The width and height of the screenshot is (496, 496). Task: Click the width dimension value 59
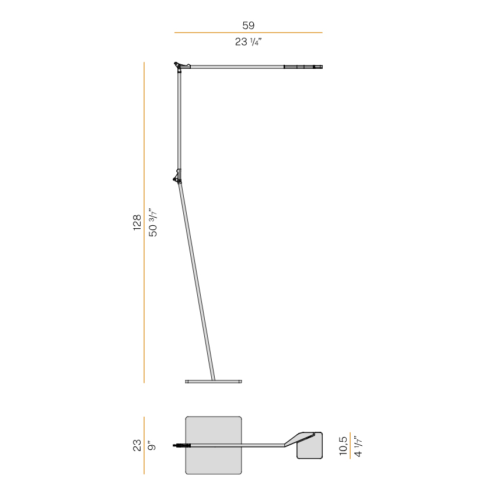coord(249,25)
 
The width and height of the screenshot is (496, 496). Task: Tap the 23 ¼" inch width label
coord(249,42)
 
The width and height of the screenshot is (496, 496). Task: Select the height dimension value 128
coord(137,222)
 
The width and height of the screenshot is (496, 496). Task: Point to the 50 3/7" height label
coord(153,222)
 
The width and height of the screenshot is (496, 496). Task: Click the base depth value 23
coord(137,445)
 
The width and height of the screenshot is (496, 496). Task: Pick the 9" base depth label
coord(152,445)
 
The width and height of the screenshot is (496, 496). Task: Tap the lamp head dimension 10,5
coord(343,446)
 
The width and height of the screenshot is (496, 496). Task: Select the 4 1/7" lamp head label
coord(358,446)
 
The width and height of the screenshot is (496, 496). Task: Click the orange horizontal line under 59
coord(249,32)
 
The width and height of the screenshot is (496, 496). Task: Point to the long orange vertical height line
coord(144,222)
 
